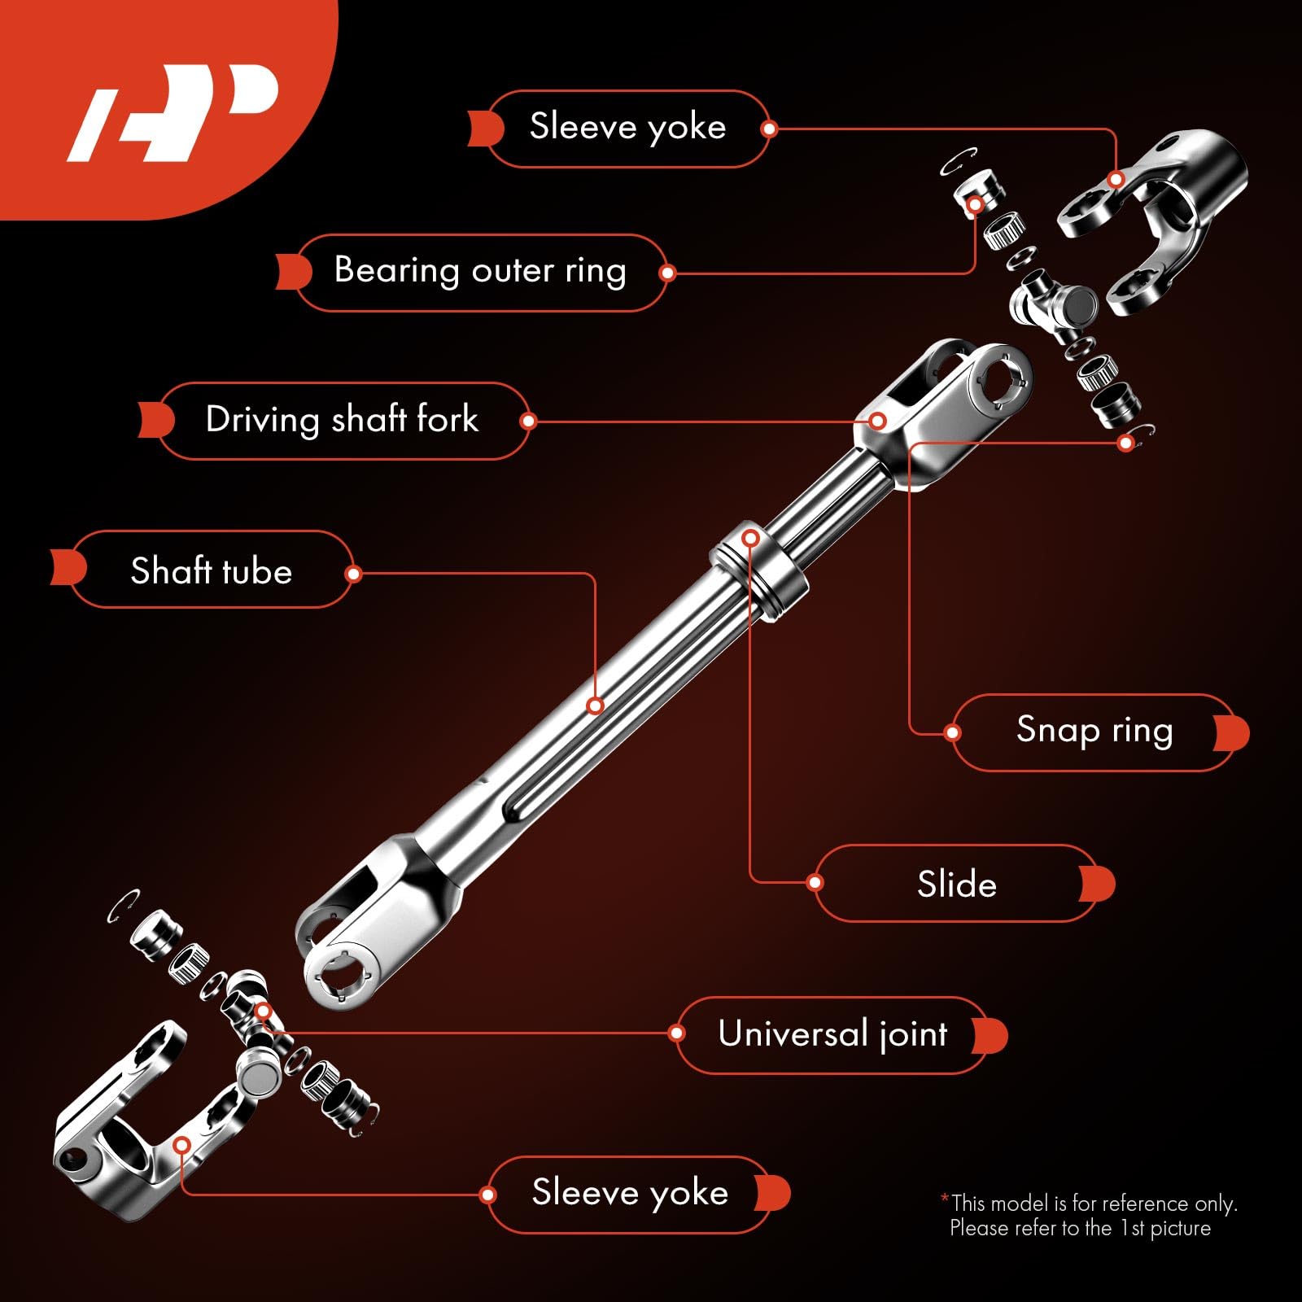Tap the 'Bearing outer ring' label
(480, 271)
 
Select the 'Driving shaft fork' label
(342, 420)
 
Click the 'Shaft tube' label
(211, 570)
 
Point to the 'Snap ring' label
(1094, 731)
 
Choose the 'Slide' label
(956, 884)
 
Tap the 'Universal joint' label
(832, 1034)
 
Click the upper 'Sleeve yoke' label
(627, 128)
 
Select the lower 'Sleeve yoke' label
(630, 1193)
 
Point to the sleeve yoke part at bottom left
(122, 1131)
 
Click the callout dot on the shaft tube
(596, 706)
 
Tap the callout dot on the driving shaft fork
(877, 421)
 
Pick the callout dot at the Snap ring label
(952, 732)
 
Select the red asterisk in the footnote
(945, 1199)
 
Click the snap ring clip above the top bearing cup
(959, 160)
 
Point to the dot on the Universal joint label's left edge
(676, 1033)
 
